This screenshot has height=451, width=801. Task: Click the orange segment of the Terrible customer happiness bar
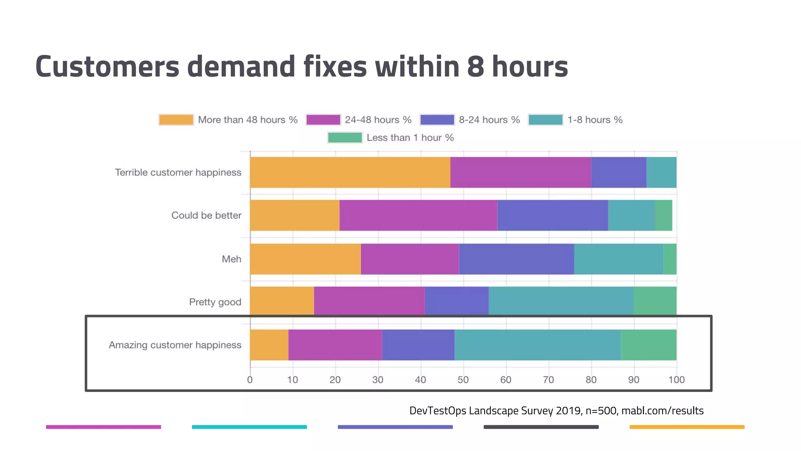tap(350, 172)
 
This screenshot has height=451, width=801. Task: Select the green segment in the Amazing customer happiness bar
tap(648, 345)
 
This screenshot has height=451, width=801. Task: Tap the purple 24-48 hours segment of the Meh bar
tap(409, 259)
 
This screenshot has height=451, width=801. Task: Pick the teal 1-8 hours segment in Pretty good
tap(561, 300)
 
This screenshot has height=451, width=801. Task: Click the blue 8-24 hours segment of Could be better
tap(552, 215)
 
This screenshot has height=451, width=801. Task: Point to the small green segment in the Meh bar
tap(670, 259)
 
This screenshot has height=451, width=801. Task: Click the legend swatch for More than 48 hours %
tap(176, 120)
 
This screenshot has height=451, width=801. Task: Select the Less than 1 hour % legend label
tap(410, 138)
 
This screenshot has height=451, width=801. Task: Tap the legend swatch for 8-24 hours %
tap(437, 120)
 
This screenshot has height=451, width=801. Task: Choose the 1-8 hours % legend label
tap(594, 120)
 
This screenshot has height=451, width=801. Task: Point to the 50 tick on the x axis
tap(463, 380)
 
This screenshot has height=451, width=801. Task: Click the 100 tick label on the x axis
tap(676, 380)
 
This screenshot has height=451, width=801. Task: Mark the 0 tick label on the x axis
tap(250, 380)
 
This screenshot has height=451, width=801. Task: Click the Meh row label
tap(231, 259)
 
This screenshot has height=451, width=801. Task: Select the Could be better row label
tap(206, 215)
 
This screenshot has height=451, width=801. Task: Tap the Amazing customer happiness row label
tap(175, 345)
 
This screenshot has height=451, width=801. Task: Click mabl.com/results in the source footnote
tap(662, 411)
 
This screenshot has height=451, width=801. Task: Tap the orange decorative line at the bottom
tap(687, 427)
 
